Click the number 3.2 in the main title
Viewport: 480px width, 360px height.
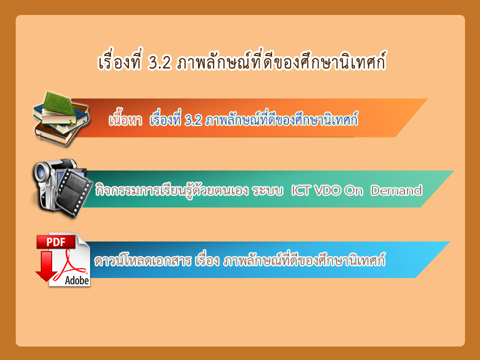click(x=159, y=63)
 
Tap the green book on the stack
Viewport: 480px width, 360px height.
click(x=59, y=105)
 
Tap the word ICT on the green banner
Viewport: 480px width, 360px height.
click(x=300, y=190)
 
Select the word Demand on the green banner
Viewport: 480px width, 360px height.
click(x=396, y=190)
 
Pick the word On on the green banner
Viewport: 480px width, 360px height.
click(x=353, y=190)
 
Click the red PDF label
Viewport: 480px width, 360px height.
click(x=55, y=242)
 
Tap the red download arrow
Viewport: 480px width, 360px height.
click(x=46, y=265)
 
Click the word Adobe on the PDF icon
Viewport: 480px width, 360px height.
click(x=77, y=280)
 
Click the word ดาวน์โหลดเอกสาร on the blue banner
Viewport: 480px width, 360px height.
click(x=143, y=260)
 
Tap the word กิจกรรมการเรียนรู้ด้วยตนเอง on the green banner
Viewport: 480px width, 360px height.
click(x=171, y=190)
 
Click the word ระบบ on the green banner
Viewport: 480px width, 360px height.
click(x=267, y=191)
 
